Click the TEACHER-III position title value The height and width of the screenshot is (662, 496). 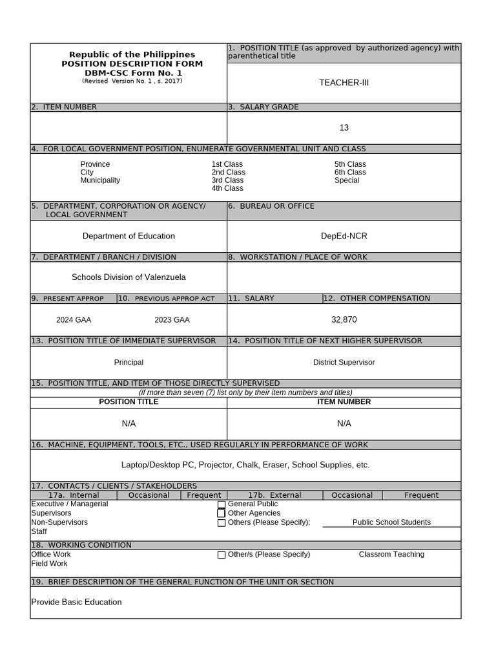pyautogui.click(x=344, y=83)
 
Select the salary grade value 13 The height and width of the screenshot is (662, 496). pyautogui.click(x=344, y=128)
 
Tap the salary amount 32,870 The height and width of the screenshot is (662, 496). pyautogui.click(x=344, y=319)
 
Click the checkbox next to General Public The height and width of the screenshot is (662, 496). pyautogui.click(x=222, y=504)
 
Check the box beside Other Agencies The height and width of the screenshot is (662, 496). pyautogui.click(x=222, y=513)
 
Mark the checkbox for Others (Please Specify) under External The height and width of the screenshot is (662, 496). pyautogui.click(x=222, y=523)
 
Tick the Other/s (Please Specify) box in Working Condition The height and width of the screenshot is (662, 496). pyautogui.click(x=222, y=555)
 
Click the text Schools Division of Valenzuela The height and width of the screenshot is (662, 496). pyautogui.click(x=129, y=277)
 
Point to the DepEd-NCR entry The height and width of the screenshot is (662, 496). pyautogui.click(x=344, y=236)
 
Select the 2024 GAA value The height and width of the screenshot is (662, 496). pyautogui.click(x=74, y=320)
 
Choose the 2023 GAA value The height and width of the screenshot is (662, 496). pyautogui.click(x=172, y=320)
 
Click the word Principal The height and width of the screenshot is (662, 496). pyautogui.click(x=129, y=363)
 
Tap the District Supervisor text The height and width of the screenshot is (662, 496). pyautogui.click(x=344, y=363)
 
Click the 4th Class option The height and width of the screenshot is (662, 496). pyautogui.click(x=227, y=188)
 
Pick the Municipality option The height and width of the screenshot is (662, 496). pyautogui.click(x=100, y=180)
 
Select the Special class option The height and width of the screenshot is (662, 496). pyautogui.click(x=347, y=180)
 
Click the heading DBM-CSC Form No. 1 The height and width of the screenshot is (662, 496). pyautogui.click(x=132, y=73)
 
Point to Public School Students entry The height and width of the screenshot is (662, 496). pyautogui.click(x=391, y=522)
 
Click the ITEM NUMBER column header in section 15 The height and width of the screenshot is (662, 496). pyautogui.click(x=344, y=402)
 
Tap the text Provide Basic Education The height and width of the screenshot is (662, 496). pyautogui.click(x=76, y=602)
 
